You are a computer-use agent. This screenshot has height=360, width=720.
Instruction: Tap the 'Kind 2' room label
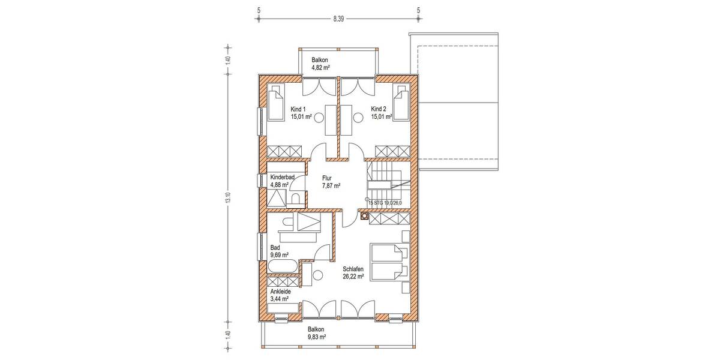(379, 109)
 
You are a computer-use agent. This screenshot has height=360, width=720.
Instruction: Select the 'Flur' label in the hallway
(328, 178)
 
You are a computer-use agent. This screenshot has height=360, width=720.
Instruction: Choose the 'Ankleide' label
(281, 291)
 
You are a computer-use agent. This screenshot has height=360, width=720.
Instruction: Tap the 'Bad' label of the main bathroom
(275, 247)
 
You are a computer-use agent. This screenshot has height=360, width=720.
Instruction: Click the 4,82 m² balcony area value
(321, 68)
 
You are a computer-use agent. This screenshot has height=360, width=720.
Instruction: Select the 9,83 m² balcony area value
(316, 337)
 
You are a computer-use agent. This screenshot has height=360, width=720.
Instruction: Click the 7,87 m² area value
(331, 186)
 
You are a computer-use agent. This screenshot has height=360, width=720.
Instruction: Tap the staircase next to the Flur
(388, 183)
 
